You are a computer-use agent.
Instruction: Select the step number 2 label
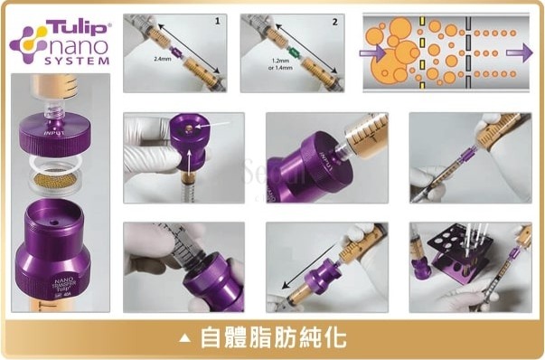(334, 19)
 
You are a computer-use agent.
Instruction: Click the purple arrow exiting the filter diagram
(516, 52)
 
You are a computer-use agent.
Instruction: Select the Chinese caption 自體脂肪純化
(270, 337)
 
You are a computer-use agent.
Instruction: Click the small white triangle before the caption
(185, 338)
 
